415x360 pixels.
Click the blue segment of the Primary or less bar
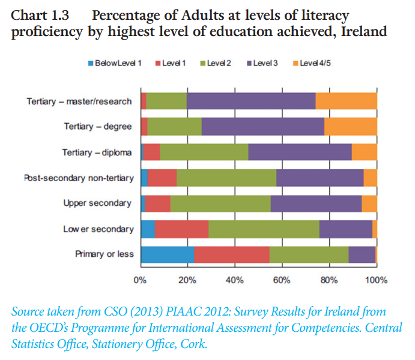pos(167,254)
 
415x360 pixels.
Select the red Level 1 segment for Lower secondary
pos(181,229)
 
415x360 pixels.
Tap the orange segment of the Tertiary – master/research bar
pos(346,101)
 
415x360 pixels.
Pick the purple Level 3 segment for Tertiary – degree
pos(262,127)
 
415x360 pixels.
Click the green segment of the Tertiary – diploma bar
pos(204,152)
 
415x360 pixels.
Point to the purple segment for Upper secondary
pos(316,203)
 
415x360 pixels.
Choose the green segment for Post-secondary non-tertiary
pos(226,178)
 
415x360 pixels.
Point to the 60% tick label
pos(282,280)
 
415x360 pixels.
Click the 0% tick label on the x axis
pos(140,280)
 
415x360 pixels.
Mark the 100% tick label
pos(376,280)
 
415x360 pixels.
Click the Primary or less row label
pos(105,254)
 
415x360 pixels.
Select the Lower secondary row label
pos(98,229)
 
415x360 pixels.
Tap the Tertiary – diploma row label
pos(97,152)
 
